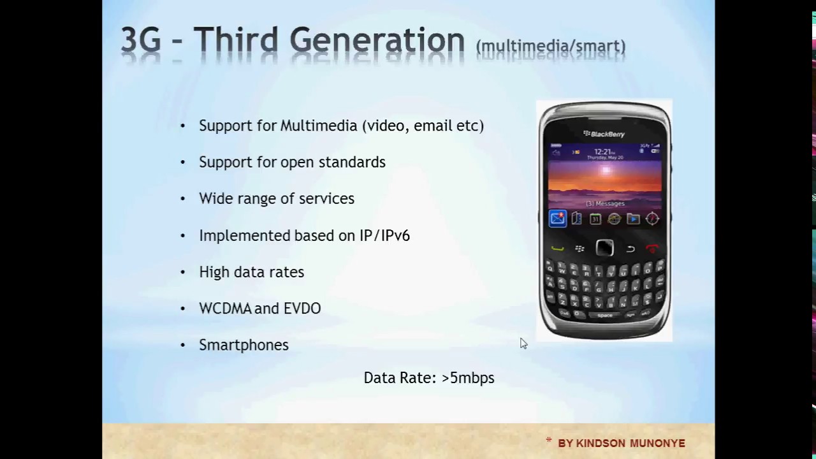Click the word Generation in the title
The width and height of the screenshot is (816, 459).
tap(377, 41)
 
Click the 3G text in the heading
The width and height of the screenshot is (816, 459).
tap(140, 41)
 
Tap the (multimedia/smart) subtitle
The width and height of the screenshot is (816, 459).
tap(551, 47)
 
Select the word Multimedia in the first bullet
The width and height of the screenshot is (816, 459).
tap(319, 126)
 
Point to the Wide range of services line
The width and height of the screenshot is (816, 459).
tap(276, 199)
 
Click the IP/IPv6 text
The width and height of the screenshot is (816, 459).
tap(384, 236)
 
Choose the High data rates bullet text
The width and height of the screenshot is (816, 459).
tap(251, 272)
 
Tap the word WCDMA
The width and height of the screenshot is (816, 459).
tap(225, 309)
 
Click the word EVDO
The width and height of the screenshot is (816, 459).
tap(302, 309)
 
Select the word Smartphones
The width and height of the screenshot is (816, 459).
tap(244, 345)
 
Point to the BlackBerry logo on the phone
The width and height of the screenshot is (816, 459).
tap(604, 134)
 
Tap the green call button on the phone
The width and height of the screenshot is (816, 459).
tap(558, 249)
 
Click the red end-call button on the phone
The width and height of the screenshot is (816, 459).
tap(652, 249)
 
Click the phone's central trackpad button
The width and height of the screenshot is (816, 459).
tap(604, 248)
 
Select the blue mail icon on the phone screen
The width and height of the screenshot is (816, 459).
tap(557, 219)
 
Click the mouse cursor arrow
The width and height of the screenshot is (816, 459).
tap(523, 343)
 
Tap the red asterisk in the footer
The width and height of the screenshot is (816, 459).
tap(548, 441)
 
